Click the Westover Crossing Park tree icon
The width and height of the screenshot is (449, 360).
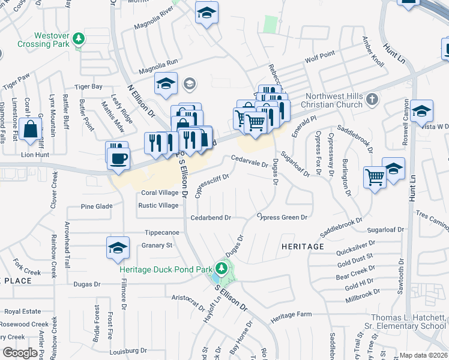click(x=78, y=40)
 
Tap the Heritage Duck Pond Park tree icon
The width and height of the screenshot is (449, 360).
click(x=223, y=267)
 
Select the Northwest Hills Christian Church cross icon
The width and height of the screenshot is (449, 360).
click(x=372, y=98)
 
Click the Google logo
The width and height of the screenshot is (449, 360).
click(x=20, y=352)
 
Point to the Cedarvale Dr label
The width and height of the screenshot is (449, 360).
click(x=249, y=160)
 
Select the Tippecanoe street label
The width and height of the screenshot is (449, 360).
click(x=162, y=232)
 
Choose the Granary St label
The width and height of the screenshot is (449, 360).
click(x=157, y=245)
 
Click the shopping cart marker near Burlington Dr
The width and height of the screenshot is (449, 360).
click(x=375, y=177)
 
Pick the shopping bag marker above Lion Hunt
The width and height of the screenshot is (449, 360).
click(x=30, y=128)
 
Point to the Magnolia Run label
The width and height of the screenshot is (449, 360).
click(x=158, y=62)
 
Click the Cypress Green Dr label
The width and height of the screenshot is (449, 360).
click(x=282, y=217)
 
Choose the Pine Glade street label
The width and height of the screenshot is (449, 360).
click(x=97, y=206)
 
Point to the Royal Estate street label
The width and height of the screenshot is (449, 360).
click(x=23, y=311)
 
